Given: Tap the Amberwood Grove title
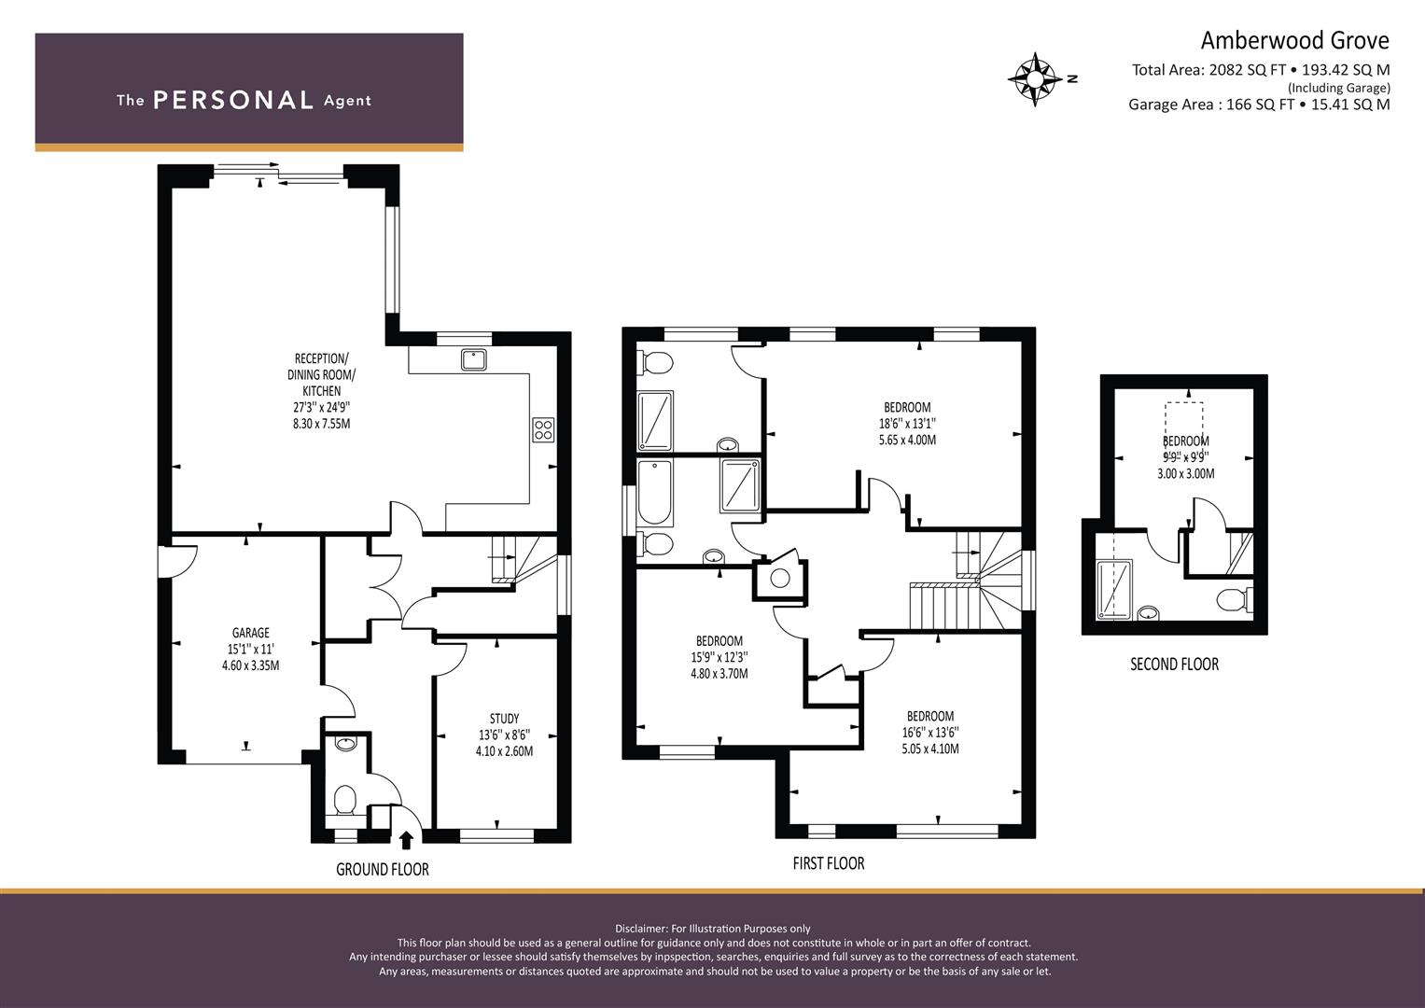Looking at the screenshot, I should click(1293, 40).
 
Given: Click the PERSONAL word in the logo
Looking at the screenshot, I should click(232, 100).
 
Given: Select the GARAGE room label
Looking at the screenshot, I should click(250, 633).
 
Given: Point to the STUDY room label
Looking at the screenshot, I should click(504, 719).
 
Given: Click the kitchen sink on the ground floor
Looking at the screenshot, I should click(473, 358).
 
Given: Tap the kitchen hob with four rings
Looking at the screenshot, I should click(542, 429).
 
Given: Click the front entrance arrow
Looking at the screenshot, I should click(406, 841).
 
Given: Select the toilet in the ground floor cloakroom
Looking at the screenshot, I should click(344, 800).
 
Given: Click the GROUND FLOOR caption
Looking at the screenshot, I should click(382, 870).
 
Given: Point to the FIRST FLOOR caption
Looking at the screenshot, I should click(828, 863).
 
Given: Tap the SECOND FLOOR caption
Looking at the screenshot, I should click(1174, 665).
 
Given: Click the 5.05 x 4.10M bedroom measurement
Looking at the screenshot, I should click(929, 749).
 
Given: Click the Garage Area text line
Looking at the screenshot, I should click(1258, 105).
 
